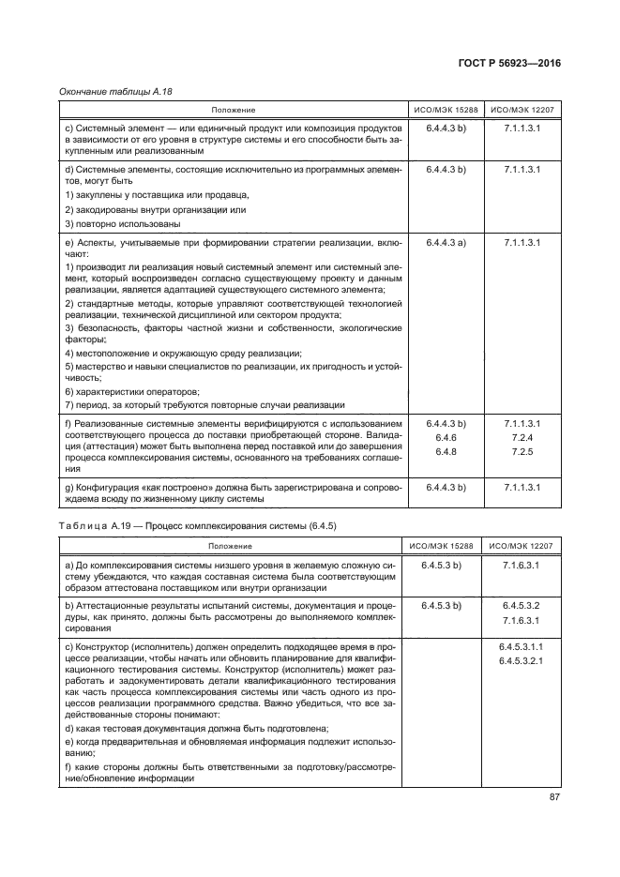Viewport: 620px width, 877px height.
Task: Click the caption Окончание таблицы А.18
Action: (x=103, y=92)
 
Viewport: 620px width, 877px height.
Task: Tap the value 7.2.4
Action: (x=522, y=437)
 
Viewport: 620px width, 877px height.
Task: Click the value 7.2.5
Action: (x=522, y=451)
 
